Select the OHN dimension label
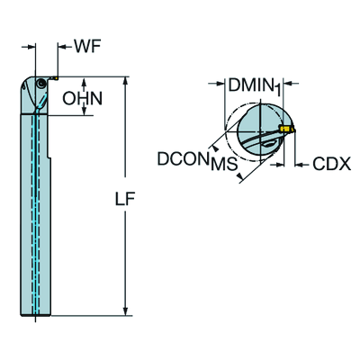coord(83,98)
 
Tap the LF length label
coord(125,199)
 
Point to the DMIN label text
coord(251,85)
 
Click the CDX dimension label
coord(331,164)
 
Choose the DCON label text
coord(184,158)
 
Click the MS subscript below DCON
coord(224,164)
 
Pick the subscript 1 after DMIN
coord(278,90)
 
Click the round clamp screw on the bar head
coord(40,83)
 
